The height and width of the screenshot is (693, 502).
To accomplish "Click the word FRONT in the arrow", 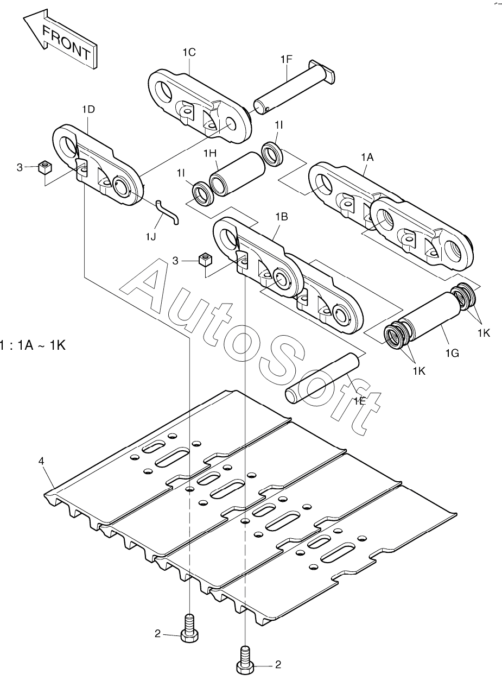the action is click(x=66, y=43).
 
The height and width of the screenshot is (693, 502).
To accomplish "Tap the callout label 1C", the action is click(x=189, y=52).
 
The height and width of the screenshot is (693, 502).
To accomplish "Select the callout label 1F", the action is click(x=286, y=59).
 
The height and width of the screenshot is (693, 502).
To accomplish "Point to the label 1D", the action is click(x=88, y=109).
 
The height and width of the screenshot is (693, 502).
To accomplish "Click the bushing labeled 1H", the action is click(x=237, y=174).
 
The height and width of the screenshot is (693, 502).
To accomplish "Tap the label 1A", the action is click(x=367, y=157).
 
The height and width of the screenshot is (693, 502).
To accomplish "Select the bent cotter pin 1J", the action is click(x=167, y=212).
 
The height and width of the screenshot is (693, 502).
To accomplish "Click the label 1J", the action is click(x=151, y=237).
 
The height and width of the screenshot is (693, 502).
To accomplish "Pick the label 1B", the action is click(x=281, y=217).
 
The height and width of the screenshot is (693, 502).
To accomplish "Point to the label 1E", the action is click(x=360, y=401).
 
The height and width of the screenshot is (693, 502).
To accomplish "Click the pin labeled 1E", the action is click(x=322, y=378).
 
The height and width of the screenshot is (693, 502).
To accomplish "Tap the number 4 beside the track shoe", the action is click(x=41, y=461).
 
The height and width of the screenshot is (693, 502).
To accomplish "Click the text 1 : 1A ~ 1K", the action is click(x=33, y=345).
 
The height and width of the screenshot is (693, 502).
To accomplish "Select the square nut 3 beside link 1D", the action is click(x=45, y=167).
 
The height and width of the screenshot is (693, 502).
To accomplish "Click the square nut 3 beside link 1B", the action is click(x=205, y=259).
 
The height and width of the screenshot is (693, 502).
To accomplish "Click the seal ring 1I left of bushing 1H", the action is click(x=202, y=194).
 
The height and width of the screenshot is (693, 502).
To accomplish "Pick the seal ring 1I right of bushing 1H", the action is click(x=272, y=154).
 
